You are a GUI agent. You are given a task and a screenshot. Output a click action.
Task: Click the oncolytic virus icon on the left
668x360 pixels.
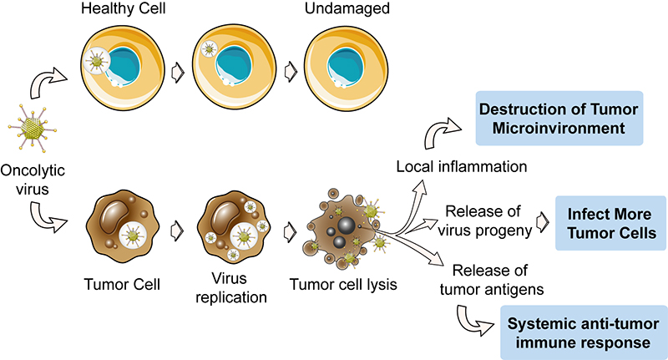pos(33,128)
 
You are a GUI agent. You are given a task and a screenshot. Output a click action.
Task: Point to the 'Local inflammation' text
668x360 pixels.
pos(461,166)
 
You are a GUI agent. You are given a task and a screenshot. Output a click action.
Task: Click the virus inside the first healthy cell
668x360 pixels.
pos(98,63)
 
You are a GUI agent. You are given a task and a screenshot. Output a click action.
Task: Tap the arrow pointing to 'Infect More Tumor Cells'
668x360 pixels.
pos(543,223)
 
